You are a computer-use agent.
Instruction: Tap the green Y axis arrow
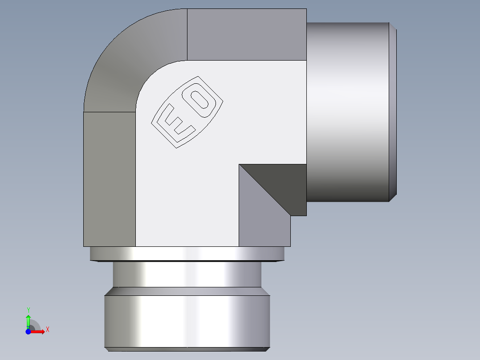28,320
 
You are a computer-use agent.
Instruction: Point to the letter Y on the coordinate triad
28,310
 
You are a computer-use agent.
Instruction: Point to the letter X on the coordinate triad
47,330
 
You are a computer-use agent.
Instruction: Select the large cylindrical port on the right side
347,111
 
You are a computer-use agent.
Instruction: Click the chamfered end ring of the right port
393,111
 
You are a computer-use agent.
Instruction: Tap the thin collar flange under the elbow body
187,254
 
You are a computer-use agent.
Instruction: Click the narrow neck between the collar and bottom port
187,274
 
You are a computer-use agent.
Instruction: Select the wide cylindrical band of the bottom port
187,321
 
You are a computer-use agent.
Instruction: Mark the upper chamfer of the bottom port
187,291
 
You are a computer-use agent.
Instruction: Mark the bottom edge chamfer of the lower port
187,349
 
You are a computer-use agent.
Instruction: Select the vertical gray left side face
110,178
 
